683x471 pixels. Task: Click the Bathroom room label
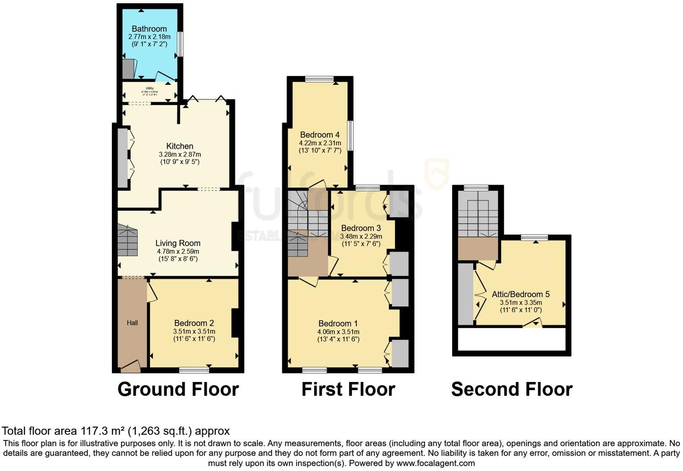[149, 29]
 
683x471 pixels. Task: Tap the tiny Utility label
[150, 89]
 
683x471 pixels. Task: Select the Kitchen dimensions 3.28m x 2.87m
[180, 154]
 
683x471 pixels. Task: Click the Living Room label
[178, 243]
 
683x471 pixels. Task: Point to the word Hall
[132, 323]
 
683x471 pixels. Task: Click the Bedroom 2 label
[194, 323]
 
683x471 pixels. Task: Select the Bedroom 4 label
[320, 135]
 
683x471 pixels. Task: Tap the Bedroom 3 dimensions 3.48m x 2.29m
[361, 236]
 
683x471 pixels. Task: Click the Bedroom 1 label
[338, 324]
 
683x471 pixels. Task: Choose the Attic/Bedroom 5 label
[521, 294]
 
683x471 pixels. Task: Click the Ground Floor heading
[178, 389]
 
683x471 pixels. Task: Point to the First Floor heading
[348, 389]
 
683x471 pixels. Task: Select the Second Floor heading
[512, 389]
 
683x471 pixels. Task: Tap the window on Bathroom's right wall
[180, 44]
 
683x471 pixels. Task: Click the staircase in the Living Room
[128, 241]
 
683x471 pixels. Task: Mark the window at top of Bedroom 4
[319, 80]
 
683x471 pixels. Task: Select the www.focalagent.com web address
[435, 463]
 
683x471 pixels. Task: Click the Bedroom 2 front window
[194, 370]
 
